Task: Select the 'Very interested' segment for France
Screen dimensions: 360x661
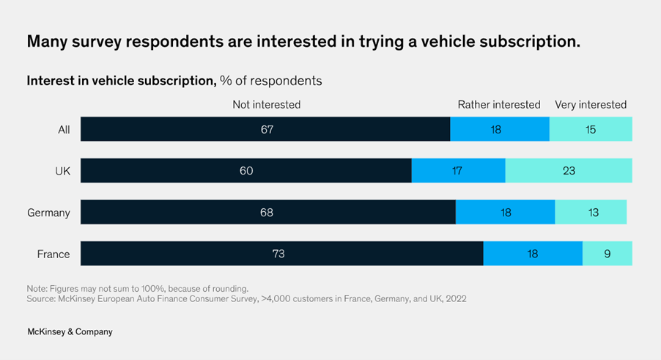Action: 607,254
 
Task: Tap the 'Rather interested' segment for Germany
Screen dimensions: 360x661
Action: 505,213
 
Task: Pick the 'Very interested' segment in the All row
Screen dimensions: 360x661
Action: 591,130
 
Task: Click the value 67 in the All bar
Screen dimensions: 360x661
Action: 265,130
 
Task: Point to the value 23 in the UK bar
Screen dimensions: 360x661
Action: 569,171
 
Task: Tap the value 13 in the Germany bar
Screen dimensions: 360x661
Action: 593,213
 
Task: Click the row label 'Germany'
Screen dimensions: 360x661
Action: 48,213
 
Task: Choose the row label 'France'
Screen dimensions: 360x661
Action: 53,254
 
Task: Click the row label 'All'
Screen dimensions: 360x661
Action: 64,130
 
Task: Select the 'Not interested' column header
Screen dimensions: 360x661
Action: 266,105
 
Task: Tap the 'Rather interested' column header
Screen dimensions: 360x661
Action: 499,105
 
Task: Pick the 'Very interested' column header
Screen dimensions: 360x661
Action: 591,105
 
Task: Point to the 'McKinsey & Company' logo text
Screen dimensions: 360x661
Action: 70,331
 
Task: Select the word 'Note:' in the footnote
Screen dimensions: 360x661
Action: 39,288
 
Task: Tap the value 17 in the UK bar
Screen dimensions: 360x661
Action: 458,171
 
